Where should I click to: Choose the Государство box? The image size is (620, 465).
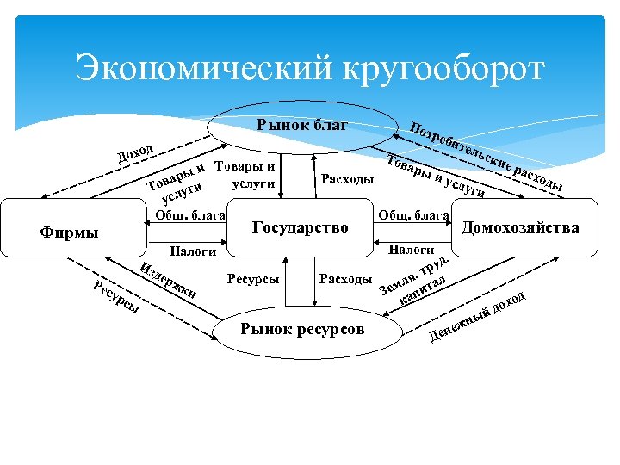[x=300, y=227]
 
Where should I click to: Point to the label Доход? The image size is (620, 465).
[x=135, y=153]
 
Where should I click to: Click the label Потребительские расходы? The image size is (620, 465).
[x=487, y=155]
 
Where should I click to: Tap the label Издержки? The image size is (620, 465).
[x=170, y=278]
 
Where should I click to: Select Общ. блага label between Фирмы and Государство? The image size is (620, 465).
[x=190, y=214]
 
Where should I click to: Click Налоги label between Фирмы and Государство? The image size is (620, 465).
[x=194, y=251]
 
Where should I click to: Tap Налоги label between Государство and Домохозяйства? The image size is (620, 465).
[x=411, y=250]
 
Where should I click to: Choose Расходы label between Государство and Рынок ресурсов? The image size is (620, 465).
[x=345, y=279]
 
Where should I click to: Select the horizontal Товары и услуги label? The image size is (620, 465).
[x=245, y=174]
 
